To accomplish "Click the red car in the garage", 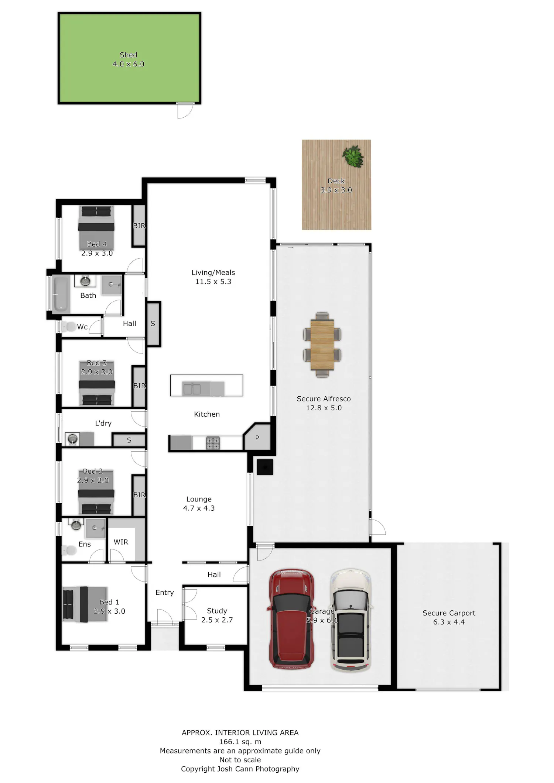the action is pos(291,619).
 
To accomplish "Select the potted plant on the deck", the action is pos(353,156).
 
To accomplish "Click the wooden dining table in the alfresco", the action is pos(322,345).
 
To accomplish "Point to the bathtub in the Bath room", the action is pos(61,294).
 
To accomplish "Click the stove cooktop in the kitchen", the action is pos(213,443).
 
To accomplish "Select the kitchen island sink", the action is pos(192,389).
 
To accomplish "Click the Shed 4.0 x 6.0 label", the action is pos(129,59).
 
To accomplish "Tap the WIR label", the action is pos(121,542).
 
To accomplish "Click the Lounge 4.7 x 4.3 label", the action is pos(199,503).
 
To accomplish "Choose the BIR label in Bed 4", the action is pos(139,225).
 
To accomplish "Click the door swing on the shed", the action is pos(185,110).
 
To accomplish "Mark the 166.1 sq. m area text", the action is pos(240,742).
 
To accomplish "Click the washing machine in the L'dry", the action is pos(72,439).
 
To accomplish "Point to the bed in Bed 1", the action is pos(85,604).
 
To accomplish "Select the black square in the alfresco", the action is pos(265,467).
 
